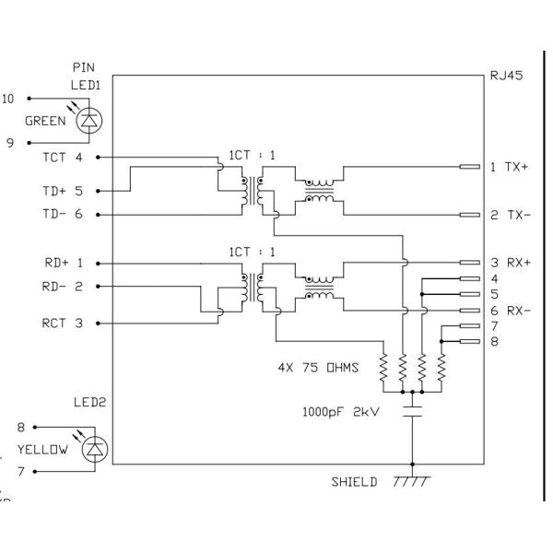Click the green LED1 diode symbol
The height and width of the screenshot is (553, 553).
click(89, 121)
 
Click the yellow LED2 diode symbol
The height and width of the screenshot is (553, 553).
click(95, 450)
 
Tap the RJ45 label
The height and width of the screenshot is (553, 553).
click(506, 76)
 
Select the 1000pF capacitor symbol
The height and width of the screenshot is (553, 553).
click(412, 412)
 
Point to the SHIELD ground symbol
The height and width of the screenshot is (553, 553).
click(412, 481)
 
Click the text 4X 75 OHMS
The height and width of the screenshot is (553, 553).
click(318, 368)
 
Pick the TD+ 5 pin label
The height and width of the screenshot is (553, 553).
click(63, 191)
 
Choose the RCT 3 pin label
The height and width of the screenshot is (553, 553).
click(63, 324)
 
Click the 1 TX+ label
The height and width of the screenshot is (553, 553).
click(510, 167)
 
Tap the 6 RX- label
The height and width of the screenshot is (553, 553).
click(511, 311)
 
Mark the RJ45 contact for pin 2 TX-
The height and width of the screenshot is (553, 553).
click(470, 215)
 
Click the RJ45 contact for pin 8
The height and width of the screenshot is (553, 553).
click(470, 341)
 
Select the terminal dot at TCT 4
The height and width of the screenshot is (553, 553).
click(98, 158)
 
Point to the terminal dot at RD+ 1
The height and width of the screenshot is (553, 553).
click(98, 264)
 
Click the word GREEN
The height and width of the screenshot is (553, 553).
click(45, 121)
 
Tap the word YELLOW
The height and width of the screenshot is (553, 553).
click(42, 450)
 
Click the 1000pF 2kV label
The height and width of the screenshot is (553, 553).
click(341, 412)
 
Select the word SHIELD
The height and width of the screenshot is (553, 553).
click(354, 482)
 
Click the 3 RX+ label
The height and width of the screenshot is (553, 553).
click(511, 263)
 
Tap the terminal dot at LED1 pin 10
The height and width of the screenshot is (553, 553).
click(29, 99)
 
